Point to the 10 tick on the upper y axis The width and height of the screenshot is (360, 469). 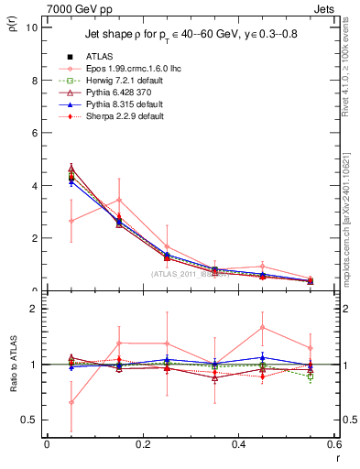pos(31,27)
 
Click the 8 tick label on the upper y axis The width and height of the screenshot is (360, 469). pos(34,80)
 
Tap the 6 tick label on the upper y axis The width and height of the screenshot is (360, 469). pos(34,133)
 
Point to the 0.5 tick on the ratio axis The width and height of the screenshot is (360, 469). pos(29,420)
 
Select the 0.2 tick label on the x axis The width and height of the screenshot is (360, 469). pos(142,444)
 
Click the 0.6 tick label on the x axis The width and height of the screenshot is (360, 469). pos(334,444)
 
